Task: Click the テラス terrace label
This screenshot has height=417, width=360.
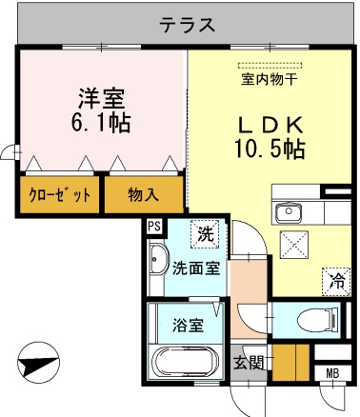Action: [187, 25]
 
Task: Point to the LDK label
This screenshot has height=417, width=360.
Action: [270, 125]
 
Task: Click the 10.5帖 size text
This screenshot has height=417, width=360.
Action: [270, 149]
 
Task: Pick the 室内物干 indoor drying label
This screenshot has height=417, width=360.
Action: [270, 79]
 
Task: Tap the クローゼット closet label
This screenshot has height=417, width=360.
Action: [58, 195]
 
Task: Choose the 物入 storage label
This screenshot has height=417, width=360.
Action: [143, 195]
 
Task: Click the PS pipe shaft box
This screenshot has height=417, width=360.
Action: [153, 226]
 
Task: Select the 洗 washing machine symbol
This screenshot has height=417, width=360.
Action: [204, 231]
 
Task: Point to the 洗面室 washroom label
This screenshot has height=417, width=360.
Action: [196, 268]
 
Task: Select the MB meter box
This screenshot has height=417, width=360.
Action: [332, 373]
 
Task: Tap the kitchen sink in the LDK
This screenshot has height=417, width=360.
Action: [287, 212]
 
